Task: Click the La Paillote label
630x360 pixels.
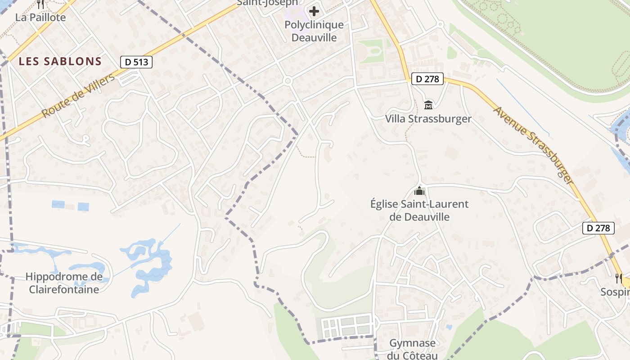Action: tap(40, 18)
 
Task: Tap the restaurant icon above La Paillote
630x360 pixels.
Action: tap(40, 4)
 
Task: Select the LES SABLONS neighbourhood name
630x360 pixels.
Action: tap(60, 62)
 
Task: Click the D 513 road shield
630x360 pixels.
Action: tap(136, 62)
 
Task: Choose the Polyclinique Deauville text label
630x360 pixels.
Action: tap(314, 31)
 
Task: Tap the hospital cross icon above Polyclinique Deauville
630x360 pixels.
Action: tap(314, 11)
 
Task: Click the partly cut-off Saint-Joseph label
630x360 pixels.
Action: tap(267, 3)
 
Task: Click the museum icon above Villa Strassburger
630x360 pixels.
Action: tap(428, 105)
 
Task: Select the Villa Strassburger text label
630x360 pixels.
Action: tap(428, 119)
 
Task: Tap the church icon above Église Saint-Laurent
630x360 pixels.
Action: tap(419, 191)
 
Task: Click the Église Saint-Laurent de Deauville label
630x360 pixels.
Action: tap(419, 210)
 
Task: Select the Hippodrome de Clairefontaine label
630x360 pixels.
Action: tap(64, 283)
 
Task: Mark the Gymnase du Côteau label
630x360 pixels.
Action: tap(413, 349)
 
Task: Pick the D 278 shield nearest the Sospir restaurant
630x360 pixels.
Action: tap(598, 228)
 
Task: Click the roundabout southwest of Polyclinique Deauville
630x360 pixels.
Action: tap(288, 81)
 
